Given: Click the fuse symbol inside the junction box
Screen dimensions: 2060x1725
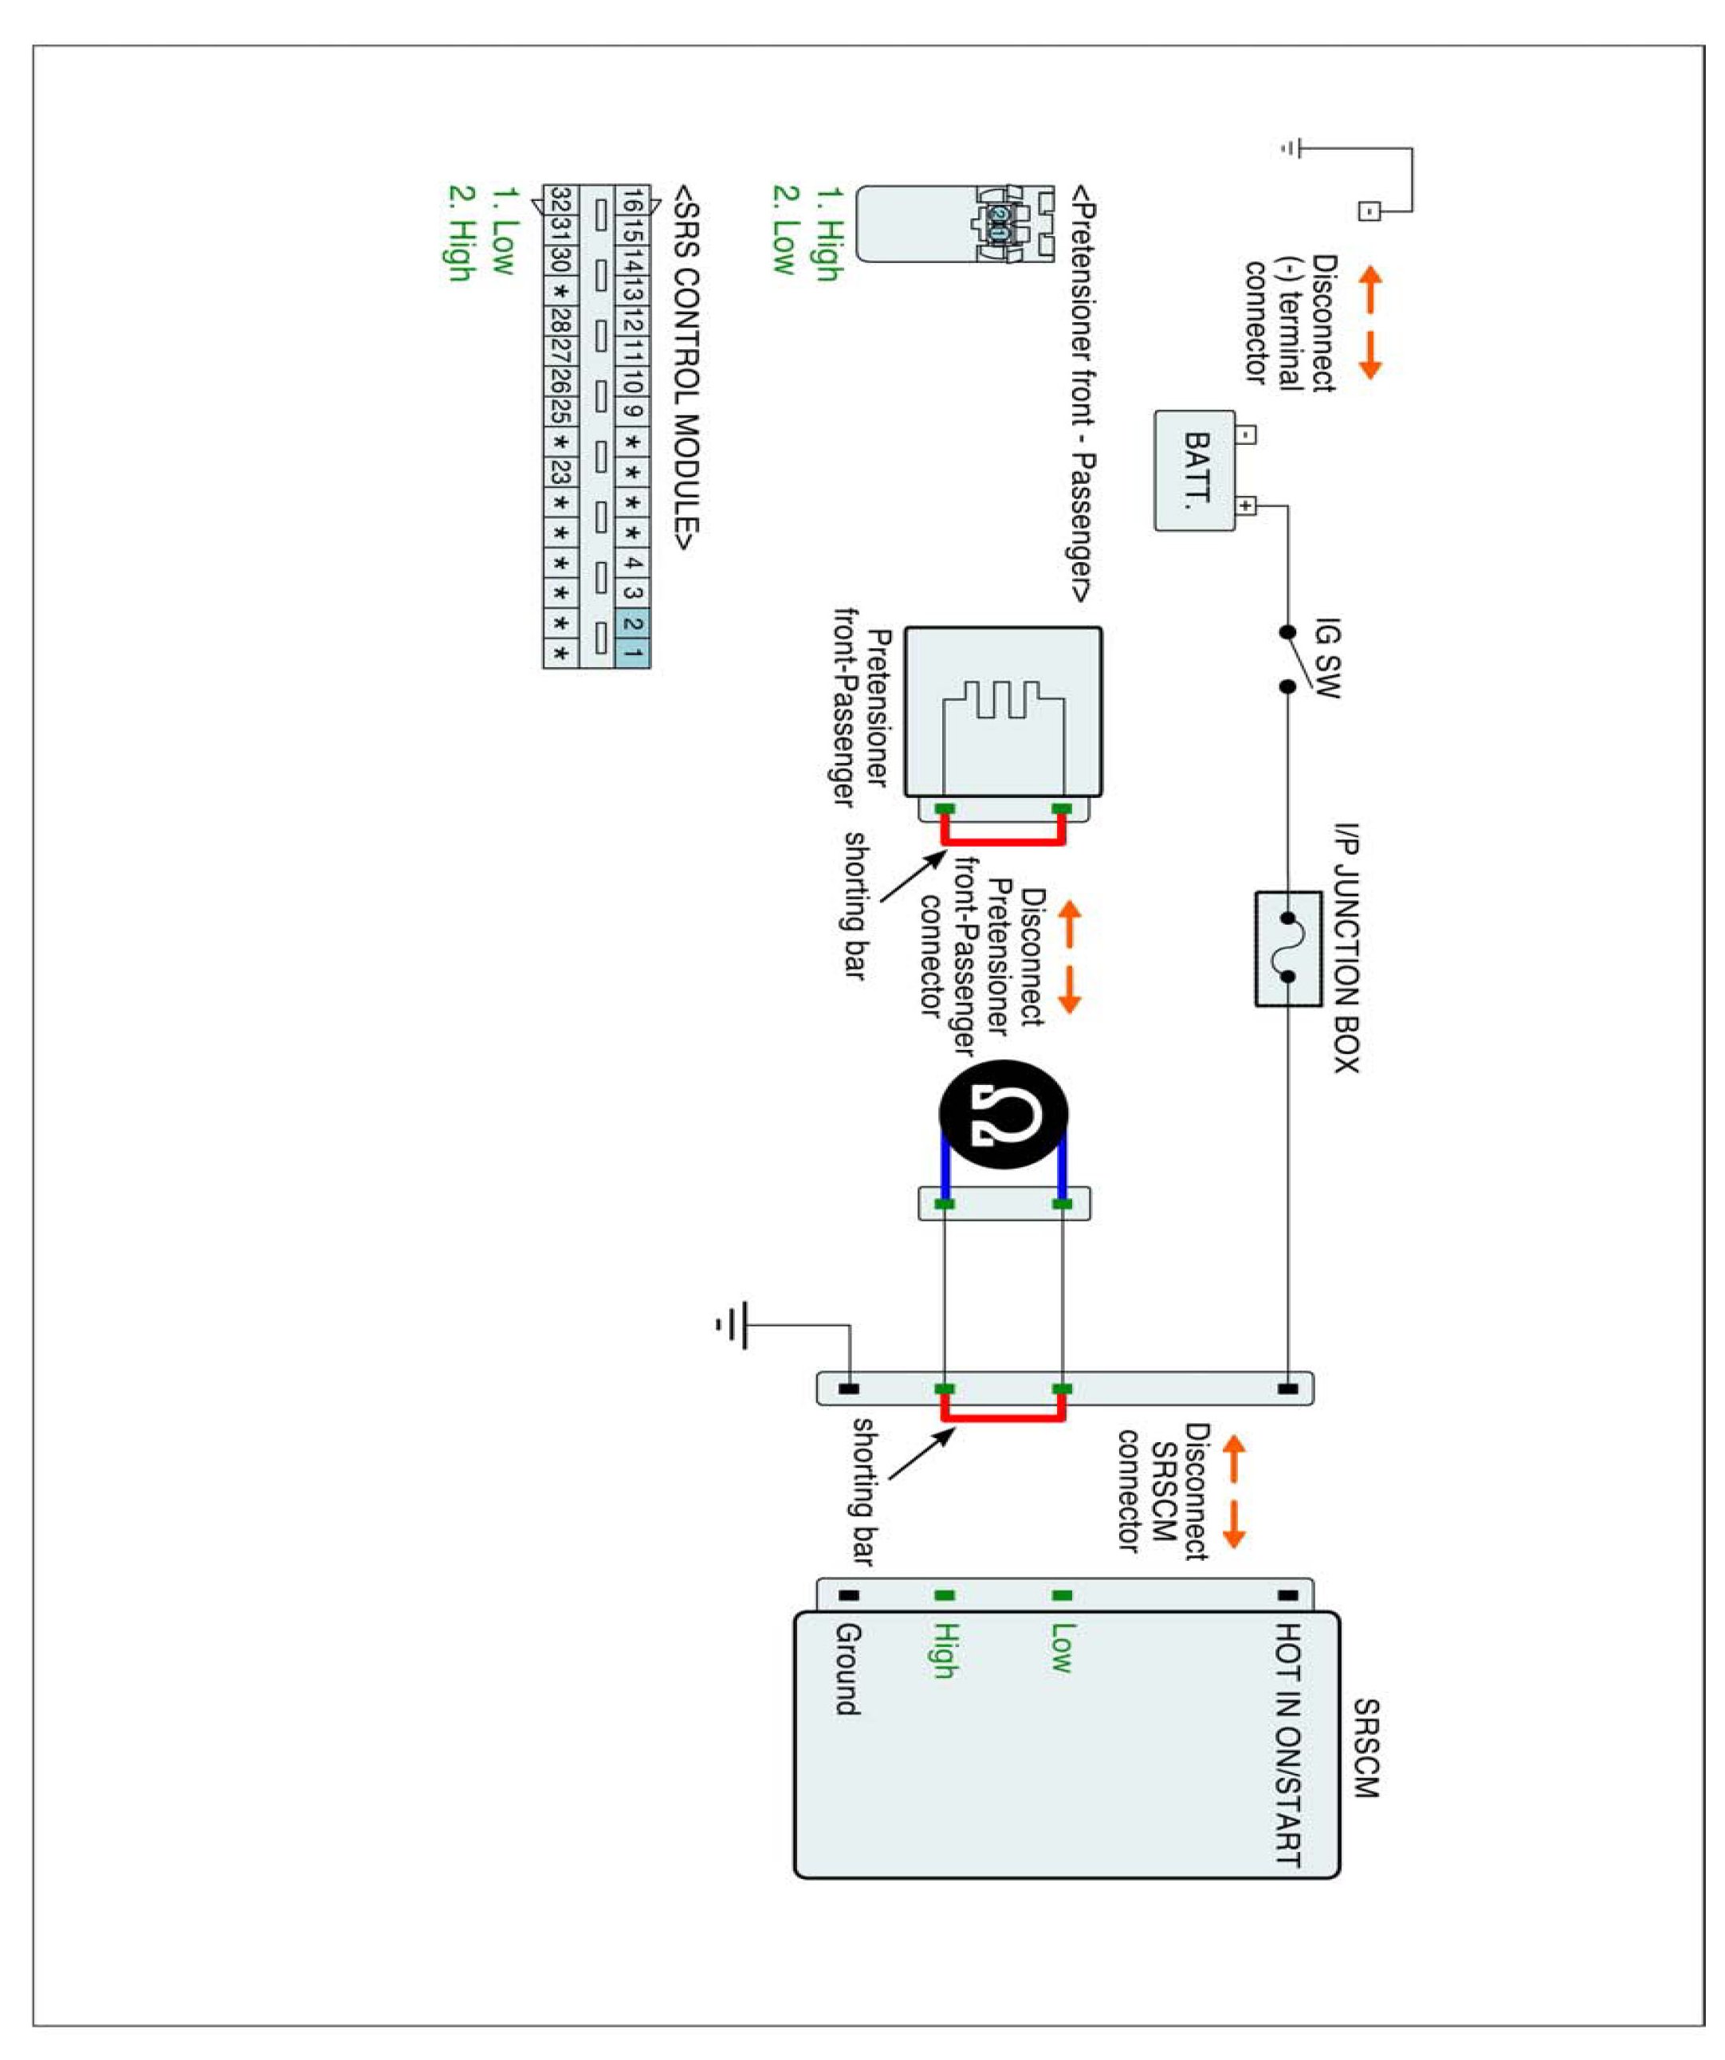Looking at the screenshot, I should [1287, 948].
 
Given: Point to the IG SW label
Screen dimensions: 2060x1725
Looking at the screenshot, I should [1325, 657].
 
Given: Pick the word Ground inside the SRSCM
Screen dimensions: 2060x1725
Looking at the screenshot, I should [848, 1669].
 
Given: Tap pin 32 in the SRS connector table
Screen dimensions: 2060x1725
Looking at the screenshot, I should [560, 201].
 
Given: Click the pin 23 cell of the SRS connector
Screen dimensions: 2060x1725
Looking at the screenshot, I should [560, 472].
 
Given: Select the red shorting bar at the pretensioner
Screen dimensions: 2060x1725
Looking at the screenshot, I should [1002, 841].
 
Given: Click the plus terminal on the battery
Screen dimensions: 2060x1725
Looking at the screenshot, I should [1244, 506].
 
